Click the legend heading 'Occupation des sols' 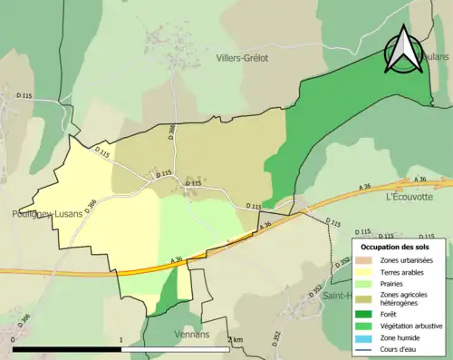(x=396, y=247)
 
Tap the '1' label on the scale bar (x=121, y=340)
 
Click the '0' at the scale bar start (x=13, y=340)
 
